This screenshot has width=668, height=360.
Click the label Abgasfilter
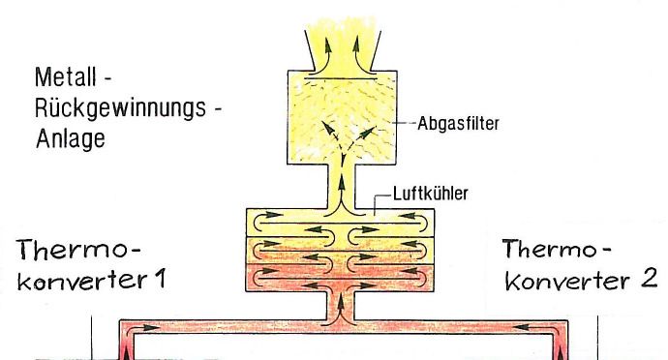pyautogui.click(x=458, y=124)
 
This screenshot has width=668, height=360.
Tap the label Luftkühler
pyautogui.click(x=430, y=194)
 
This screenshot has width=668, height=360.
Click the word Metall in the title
pyautogui.click(x=66, y=77)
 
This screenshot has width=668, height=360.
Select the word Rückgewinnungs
pyautogui.click(x=121, y=108)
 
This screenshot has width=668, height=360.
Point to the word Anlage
pyautogui.click(x=71, y=139)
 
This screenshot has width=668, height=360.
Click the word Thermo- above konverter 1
pyautogui.click(x=78, y=250)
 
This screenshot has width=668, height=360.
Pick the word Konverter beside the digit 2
pyautogui.click(x=567, y=281)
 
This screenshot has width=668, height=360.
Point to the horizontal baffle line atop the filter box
pyautogui.click(x=341, y=78)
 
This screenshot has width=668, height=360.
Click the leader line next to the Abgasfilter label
pyautogui.click(x=405, y=123)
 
